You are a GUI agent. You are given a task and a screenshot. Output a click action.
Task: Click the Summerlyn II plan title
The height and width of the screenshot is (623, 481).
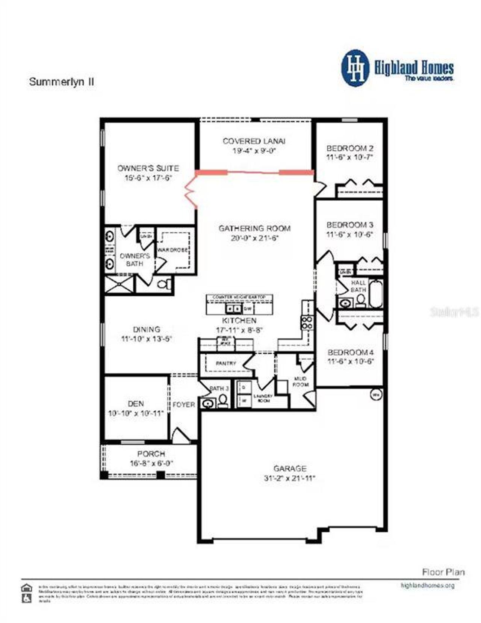click(x=62, y=82)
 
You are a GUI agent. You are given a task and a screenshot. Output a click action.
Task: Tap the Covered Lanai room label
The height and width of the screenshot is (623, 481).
click(x=254, y=141)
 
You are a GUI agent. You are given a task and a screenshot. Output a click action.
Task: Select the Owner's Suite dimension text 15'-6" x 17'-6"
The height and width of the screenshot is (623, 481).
click(x=148, y=178)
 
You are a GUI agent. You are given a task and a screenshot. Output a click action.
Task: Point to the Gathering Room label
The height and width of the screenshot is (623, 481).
click(x=254, y=228)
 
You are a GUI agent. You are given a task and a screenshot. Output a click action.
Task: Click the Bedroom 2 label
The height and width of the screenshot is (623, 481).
click(x=349, y=148)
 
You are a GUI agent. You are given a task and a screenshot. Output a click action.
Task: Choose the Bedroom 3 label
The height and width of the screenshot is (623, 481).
click(x=349, y=225)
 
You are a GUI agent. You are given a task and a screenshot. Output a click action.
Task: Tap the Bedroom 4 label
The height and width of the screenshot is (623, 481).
click(x=350, y=352)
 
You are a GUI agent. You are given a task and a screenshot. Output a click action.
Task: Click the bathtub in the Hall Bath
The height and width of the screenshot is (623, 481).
click(x=375, y=293)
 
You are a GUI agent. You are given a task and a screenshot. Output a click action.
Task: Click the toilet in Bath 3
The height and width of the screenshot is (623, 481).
click(x=223, y=401)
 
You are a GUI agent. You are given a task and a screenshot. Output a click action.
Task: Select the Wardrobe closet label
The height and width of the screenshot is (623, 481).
click(x=173, y=250)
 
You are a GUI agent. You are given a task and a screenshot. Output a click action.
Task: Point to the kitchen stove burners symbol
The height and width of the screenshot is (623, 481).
click(x=307, y=323)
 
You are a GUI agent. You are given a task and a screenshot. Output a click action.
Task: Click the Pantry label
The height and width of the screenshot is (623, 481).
click(x=226, y=363)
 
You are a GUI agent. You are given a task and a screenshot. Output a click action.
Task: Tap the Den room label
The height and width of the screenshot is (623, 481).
click(x=136, y=404)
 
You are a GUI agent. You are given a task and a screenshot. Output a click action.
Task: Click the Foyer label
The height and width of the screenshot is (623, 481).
click(x=184, y=405)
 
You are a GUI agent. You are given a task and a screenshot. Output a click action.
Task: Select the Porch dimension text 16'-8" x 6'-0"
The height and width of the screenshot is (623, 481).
click(x=151, y=463)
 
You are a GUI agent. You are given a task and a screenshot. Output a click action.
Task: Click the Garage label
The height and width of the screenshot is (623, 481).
click(x=290, y=469)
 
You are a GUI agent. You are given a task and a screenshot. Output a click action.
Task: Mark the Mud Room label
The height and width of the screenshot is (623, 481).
click(x=301, y=381)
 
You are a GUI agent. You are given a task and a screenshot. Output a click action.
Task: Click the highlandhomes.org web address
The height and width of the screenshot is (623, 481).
click(x=428, y=585)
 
